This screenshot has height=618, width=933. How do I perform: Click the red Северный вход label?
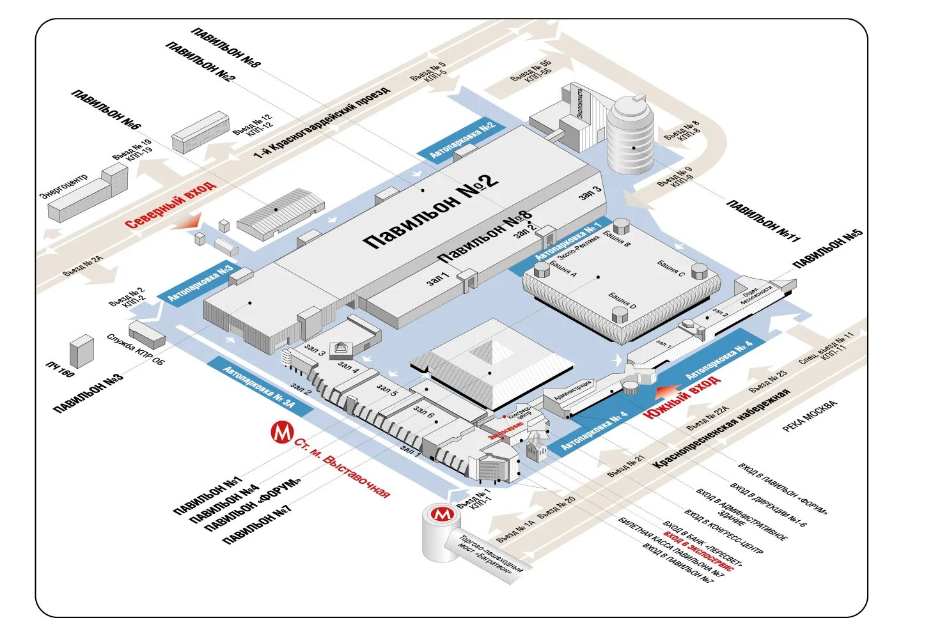(x=170, y=205)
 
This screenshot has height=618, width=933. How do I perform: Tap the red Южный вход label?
(x=682, y=397)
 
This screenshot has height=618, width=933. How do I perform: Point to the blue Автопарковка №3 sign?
(x=200, y=283)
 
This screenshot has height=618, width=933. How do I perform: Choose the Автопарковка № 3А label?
(x=259, y=387)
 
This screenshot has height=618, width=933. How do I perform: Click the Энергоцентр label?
(x=64, y=185)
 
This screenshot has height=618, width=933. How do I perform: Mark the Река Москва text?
(x=809, y=416)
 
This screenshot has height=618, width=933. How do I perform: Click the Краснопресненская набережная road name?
(x=721, y=428)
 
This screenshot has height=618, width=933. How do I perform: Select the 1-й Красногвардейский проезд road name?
(x=321, y=122)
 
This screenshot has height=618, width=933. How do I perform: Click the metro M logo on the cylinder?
(x=442, y=514)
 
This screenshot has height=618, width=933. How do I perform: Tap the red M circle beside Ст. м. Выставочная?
(x=281, y=433)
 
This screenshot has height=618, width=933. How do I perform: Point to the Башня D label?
(x=622, y=300)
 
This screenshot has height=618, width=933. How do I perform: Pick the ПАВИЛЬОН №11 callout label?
(x=763, y=220)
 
